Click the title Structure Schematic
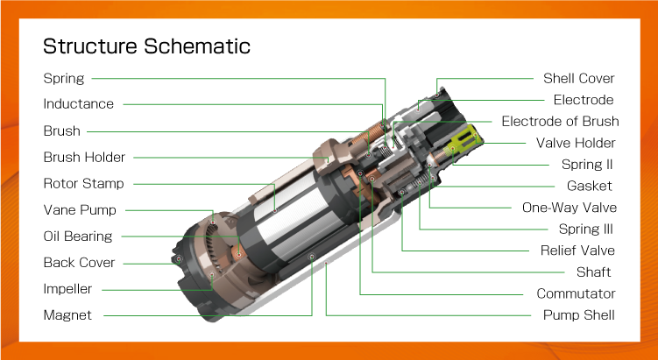point(146,46)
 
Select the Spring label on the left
point(64,79)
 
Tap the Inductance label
point(79,104)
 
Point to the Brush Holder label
point(84,158)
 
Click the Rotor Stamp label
point(84,184)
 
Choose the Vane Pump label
point(80,210)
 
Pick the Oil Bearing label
point(78,236)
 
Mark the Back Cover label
point(80,263)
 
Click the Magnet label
point(67,315)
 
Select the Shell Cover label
point(578,79)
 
